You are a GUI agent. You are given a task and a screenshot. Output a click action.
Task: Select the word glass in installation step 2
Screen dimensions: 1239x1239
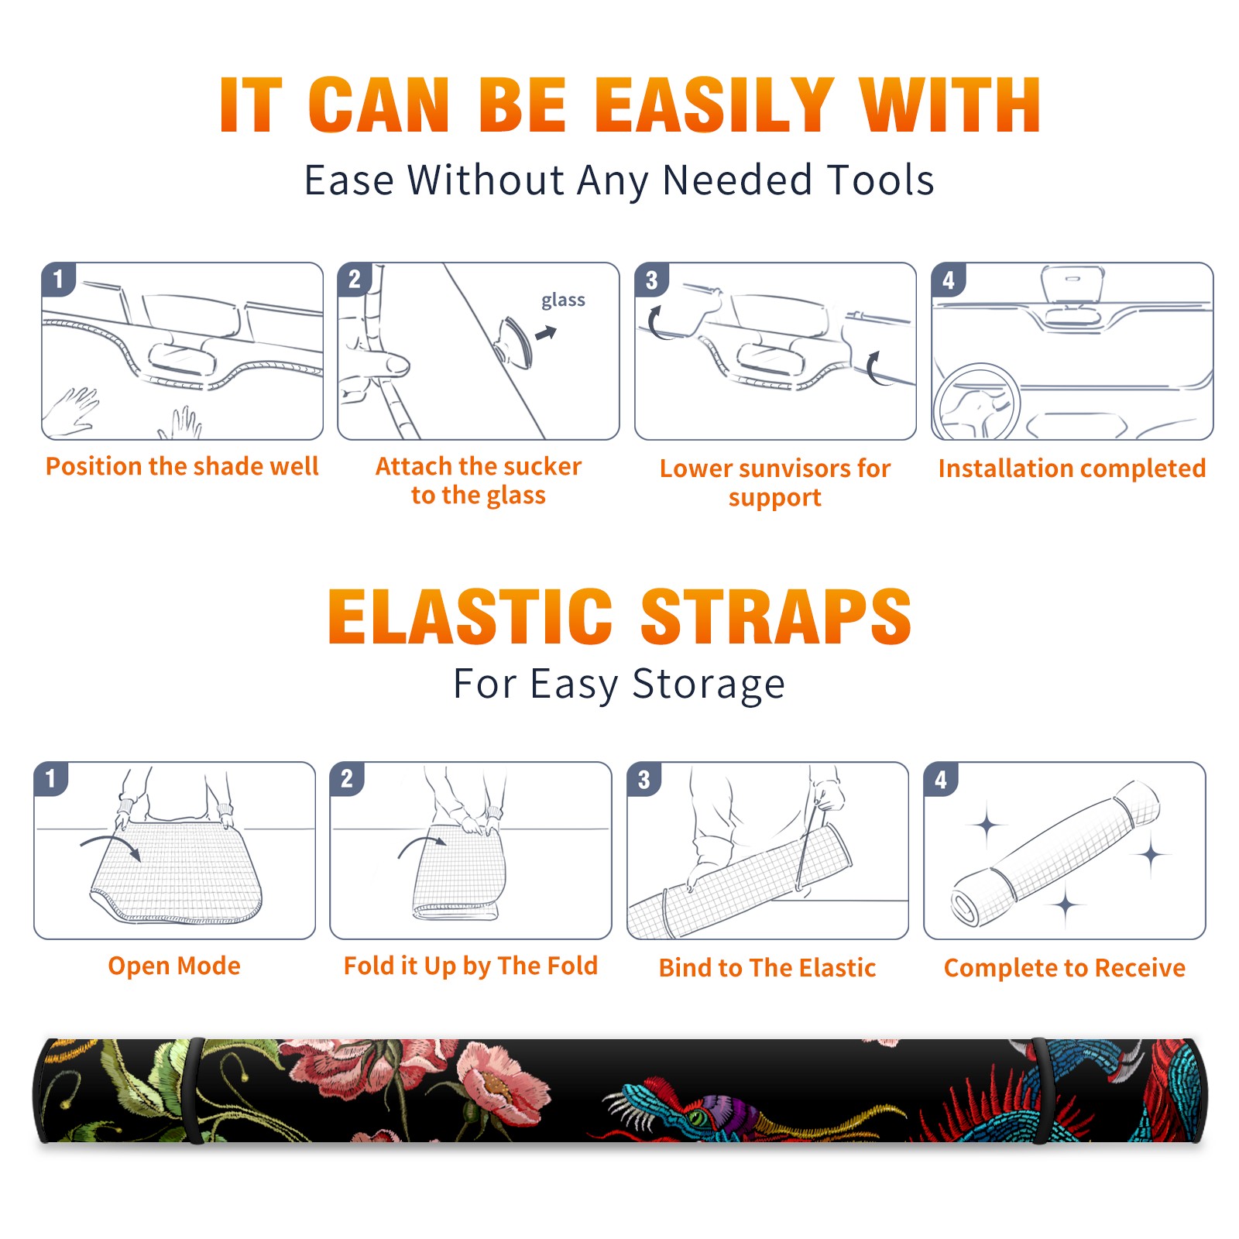(563, 300)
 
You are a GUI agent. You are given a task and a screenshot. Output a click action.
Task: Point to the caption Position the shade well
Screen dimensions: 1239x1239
(182, 466)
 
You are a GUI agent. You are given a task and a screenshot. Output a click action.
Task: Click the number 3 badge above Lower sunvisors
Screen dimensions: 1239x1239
(651, 280)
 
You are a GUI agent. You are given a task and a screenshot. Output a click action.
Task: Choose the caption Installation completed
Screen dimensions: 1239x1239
(1072, 468)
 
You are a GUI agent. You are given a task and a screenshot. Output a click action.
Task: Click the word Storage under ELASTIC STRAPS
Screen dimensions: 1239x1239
(709, 685)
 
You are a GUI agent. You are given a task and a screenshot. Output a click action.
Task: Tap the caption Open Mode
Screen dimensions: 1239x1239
(174, 966)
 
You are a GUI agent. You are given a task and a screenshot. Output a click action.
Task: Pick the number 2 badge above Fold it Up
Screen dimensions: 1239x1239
(346, 779)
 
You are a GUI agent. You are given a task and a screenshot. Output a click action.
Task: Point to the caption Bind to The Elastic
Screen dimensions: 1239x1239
(767, 968)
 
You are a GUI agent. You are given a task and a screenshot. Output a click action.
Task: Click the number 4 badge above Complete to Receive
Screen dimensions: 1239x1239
(941, 779)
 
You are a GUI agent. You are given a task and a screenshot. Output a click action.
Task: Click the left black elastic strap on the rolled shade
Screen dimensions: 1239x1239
(194, 1091)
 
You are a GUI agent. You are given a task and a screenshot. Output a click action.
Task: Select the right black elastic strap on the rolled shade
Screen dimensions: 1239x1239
(1042, 1091)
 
